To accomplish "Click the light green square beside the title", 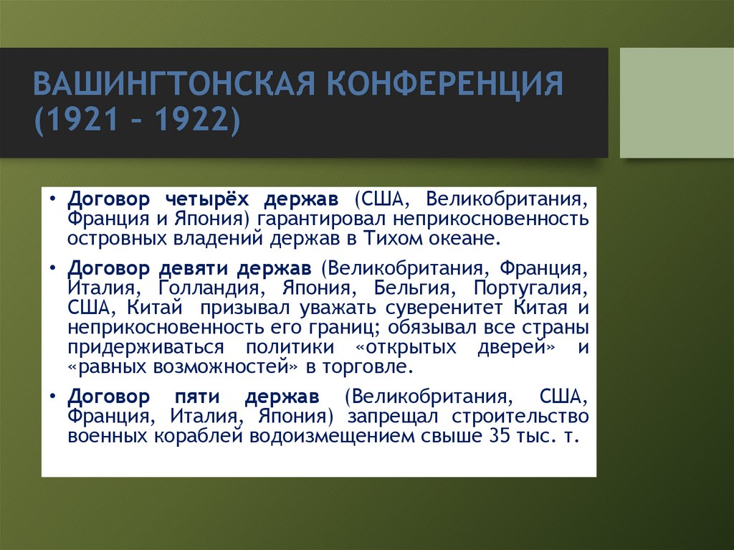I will click(677, 103).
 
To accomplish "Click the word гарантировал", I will click(319, 218).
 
